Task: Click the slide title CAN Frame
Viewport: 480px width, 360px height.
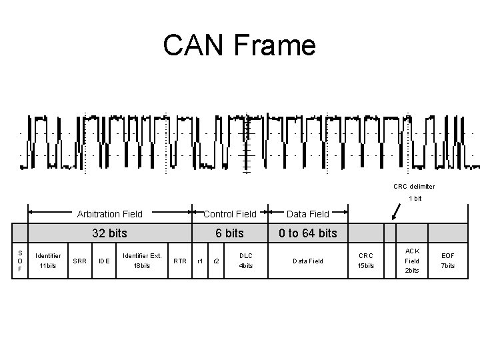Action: tap(239, 45)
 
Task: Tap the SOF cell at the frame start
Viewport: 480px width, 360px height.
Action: tap(21, 261)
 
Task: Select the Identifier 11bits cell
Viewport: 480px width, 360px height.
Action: tap(47, 261)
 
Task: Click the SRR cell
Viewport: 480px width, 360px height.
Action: tap(79, 261)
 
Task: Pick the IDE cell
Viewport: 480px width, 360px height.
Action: tap(103, 261)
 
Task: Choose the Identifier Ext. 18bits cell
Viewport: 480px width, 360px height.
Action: tap(142, 261)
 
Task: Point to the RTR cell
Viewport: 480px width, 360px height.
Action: tap(179, 261)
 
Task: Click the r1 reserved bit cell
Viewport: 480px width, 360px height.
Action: tap(199, 261)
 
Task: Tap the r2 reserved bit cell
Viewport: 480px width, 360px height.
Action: tap(216, 261)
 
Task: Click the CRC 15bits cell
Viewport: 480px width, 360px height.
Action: tap(367, 261)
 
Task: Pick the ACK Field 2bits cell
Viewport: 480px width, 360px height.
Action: tap(413, 261)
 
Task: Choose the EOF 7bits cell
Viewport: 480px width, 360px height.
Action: tap(449, 261)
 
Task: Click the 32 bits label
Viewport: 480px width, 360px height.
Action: tap(109, 233)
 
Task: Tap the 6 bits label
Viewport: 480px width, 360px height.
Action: tap(229, 233)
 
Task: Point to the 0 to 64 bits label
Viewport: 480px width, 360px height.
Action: tap(307, 233)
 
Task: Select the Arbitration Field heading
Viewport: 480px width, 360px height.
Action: tap(109, 214)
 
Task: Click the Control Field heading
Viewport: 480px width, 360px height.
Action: tap(229, 214)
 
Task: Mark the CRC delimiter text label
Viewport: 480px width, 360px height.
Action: tap(414, 187)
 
